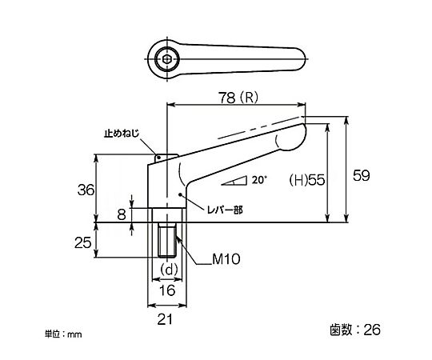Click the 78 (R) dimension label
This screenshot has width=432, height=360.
tap(238, 98)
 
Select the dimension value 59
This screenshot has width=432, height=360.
tap(362, 175)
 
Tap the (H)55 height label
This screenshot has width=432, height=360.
tap(307, 181)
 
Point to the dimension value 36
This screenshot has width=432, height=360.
tap(86, 190)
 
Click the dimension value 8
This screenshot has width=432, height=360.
tap(122, 214)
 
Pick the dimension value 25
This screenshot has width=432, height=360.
tap(82, 243)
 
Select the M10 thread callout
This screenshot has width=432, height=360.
tap(226, 259)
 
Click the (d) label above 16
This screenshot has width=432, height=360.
tap(169, 270)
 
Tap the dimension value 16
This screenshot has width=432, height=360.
tap(167, 290)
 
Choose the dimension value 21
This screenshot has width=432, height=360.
tap(165, 319)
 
